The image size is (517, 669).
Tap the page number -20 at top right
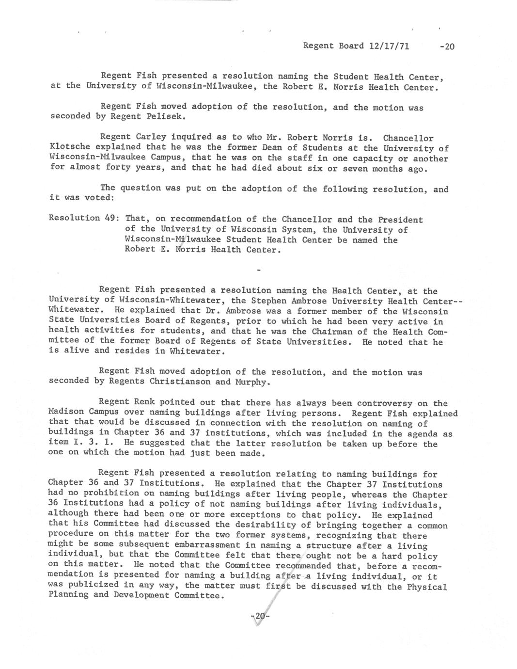pos(446,47)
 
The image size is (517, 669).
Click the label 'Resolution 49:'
pos(81,218)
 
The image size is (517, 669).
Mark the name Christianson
pos(180,382)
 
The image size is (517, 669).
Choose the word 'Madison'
pos(67,412)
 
